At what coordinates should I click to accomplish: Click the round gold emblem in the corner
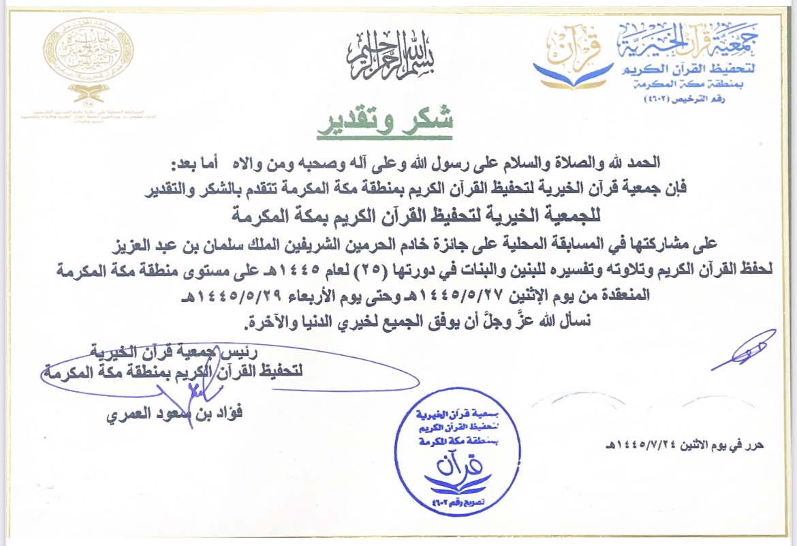pyautogui.click(x=89, y=51)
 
